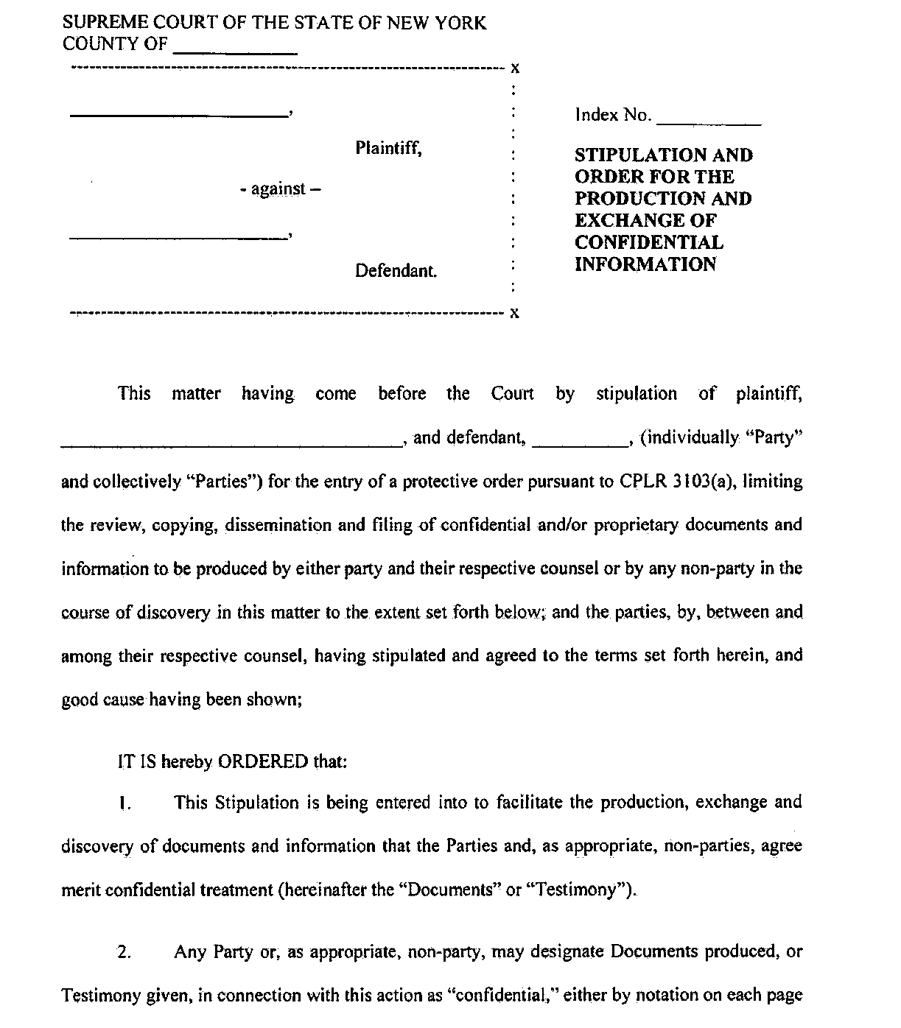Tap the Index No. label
pyautogui.click(x=613, y=116)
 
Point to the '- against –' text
pyautogui.click(x=280, y=189)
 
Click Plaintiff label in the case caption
pyautogui.click(x=388, y=148)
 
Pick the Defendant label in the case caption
pyautogui.click(x=396, y=271)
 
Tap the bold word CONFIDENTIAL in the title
pyautogui.click(x=649, y=242)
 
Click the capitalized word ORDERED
pyautogui.click(x=263, y=761)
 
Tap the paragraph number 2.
pyautogui.click(x=125, y=951)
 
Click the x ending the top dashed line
pyautogui.click(x=516, y=69)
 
